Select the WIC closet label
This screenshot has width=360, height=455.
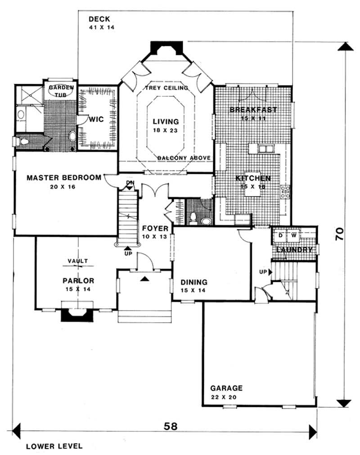click(x=97, y=120)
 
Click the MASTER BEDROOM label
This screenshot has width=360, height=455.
click(x=64, y=177)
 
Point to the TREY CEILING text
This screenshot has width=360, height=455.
click(x=166, y=88)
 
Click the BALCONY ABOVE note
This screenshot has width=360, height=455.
click(x=184, y=157)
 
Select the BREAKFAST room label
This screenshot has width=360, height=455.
click(x=253, y=109)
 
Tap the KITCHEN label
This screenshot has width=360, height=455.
click(x=253, y=178)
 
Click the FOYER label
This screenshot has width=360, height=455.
click(x=155, y=228)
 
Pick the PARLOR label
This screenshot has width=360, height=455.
click(x=78, y=280)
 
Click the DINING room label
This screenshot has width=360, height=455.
click(x=194, y=282)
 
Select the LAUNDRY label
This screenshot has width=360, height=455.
click(x=294, y=249)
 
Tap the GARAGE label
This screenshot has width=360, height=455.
click(x=226, y=388)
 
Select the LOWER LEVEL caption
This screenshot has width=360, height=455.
click(x=54, y=446)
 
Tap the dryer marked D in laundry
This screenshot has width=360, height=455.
click(x=279, y=235)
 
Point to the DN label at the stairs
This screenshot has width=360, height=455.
click(x=130, y=183)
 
